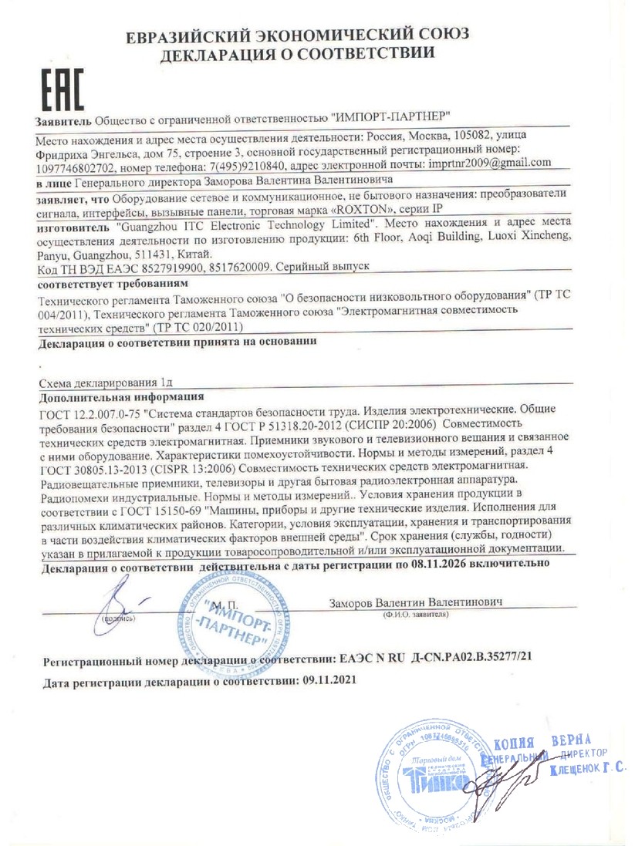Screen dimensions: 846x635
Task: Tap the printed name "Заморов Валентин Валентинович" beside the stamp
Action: [415, 601]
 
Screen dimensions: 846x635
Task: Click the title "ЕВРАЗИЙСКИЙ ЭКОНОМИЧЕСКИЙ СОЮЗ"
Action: [298, 35]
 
